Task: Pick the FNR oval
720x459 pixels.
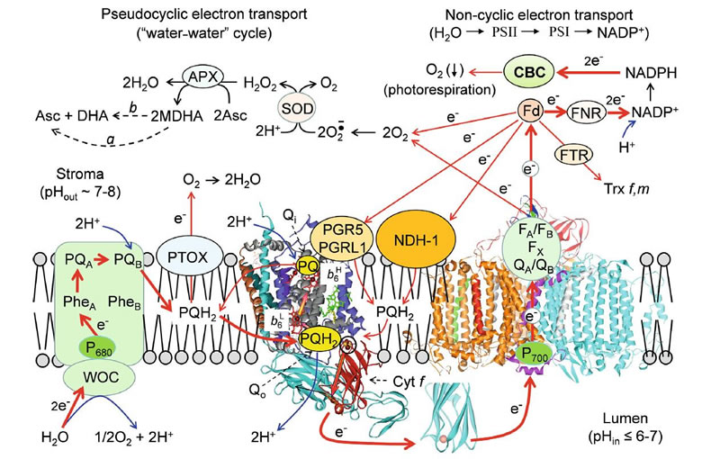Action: point(585,114)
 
